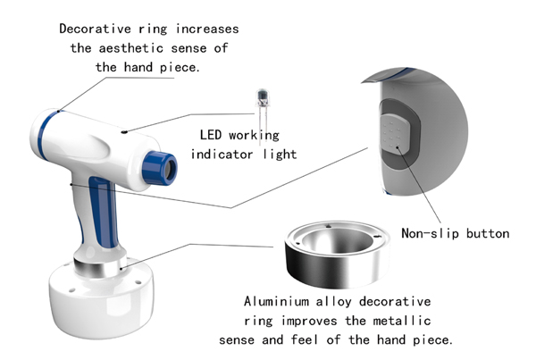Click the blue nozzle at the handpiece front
pyautogui.click(x=160, y=168)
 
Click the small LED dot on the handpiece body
pyautogui.click(x=125, y=131)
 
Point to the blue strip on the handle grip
pyautogui.click(x=105, y=213)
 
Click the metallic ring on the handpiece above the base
pyautogui.click(x=100, y=267)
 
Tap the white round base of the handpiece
pyautogui.click(x=101, y=301)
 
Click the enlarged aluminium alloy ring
pyautogui.click(x=337, y=254)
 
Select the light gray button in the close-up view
pyautogui.click(x=395, y=133)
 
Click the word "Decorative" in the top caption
pyautogui.click(x=95, y=29)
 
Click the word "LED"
pyautogui.click(x=211, y=135)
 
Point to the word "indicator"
pyautogui.click(x=222, y=155)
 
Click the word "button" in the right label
pyautogui.click(x=488, y=233)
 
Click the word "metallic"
pyautogui.click(x=402, y=321)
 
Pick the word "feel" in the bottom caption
pyautogui.click(x=305, y=339)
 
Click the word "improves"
pyautogui.click(x=309, y=321)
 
